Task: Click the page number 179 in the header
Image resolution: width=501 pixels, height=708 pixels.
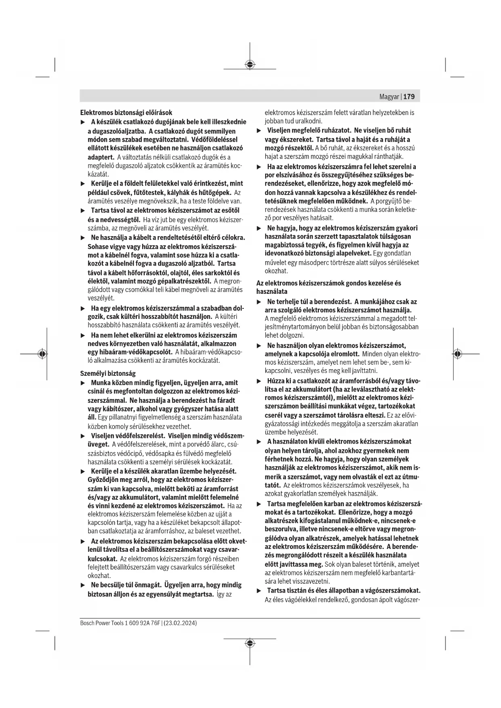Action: [409, 97]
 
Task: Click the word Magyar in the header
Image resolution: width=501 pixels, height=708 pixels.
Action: [389, 97]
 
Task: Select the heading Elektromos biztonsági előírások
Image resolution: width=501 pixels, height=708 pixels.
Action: [126, 113]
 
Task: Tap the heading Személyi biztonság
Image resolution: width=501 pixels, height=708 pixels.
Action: [108, 373]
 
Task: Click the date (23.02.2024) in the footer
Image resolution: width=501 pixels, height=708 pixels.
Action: [180, 623]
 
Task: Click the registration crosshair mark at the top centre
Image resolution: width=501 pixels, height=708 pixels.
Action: [250, 65]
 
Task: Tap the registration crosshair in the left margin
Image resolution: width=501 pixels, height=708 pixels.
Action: [42, 354]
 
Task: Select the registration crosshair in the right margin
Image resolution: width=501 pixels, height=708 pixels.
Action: [457, 354]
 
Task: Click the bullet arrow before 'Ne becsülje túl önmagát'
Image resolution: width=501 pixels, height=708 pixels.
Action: [83, 585]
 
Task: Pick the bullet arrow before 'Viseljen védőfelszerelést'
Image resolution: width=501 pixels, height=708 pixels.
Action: [83, 436]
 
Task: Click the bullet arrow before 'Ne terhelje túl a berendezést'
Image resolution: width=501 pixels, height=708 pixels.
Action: [259, 302]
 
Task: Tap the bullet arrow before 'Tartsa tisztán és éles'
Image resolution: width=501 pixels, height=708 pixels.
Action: [259, 591]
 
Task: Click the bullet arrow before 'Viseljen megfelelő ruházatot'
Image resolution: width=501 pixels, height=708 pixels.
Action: [259, 130]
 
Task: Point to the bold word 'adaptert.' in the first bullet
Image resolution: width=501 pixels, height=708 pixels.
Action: [101, 157]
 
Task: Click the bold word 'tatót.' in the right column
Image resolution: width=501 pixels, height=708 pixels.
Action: [273, 485]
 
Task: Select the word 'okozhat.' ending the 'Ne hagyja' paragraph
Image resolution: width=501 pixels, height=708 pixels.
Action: [276, 271]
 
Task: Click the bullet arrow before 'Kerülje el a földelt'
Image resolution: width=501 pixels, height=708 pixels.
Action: [83, 184]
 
